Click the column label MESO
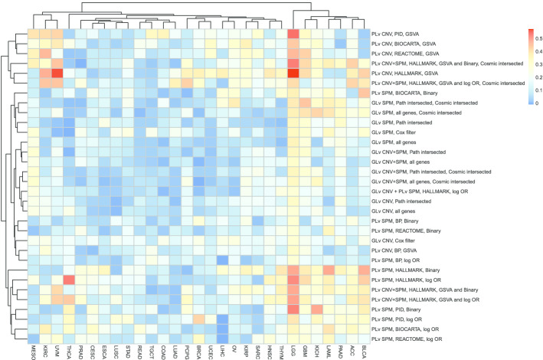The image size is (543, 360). [33, 351]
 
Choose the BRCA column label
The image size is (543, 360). [195, 351]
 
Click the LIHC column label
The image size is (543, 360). [223, 351]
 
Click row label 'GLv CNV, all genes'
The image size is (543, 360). [394, 211]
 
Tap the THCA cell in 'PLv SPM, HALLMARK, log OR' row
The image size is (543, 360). [67, 280]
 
